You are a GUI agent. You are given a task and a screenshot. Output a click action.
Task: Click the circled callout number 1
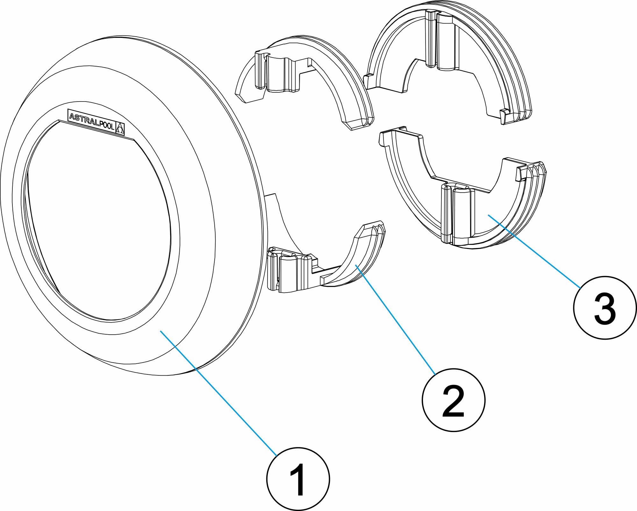pyautogui.click(x=298, y=479)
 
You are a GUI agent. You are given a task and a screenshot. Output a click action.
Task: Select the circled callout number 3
pyautogui.click(x=605, y=308)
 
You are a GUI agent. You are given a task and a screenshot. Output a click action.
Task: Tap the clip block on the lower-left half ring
pyautogui.click(x=288, y=271)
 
